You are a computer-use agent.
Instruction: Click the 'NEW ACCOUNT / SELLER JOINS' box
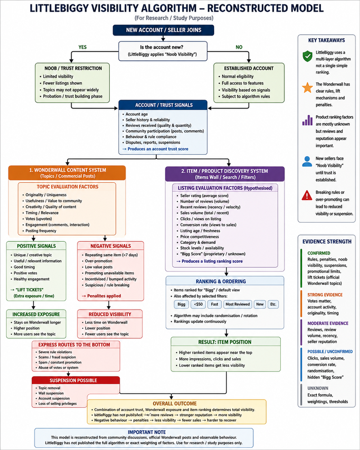pyautogui.click(x=163, y=30)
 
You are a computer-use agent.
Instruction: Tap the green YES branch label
pyautogui.click(x=82, y=47)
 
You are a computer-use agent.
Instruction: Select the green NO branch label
pyautogui.click(x=239, y=47)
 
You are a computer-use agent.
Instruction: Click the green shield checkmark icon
pyautogui.click(x=307, y=56)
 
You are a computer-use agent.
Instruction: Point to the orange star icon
pyautogui.click(x=307, y=88)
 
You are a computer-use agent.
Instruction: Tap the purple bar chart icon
pyautogui.click(x=307, y=120)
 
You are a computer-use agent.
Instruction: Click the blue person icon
pyautogui.click(x=307, y=161)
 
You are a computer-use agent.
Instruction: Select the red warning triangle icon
pyautogui.click(x=307, y=195)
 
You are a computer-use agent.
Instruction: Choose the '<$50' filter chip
pyautogui.click(x=198, y=304)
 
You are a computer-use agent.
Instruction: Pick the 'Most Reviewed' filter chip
pyautogui.click(x=238, y=304)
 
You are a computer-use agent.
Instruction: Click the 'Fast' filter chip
pyautogui.click(x=215, y=304)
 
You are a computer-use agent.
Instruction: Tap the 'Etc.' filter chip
pyautogui.click(x=273, y=304)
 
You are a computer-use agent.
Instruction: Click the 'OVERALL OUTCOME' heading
pyautogui.click(x=175, y=404)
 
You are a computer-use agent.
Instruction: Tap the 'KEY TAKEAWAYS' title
pyautogui.click(x=326, y=40)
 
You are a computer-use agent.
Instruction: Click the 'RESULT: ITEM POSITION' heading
pyautogui.click(x=225, y=342)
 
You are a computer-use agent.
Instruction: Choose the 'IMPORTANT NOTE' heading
pyautogui.click(x=147, y=432)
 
